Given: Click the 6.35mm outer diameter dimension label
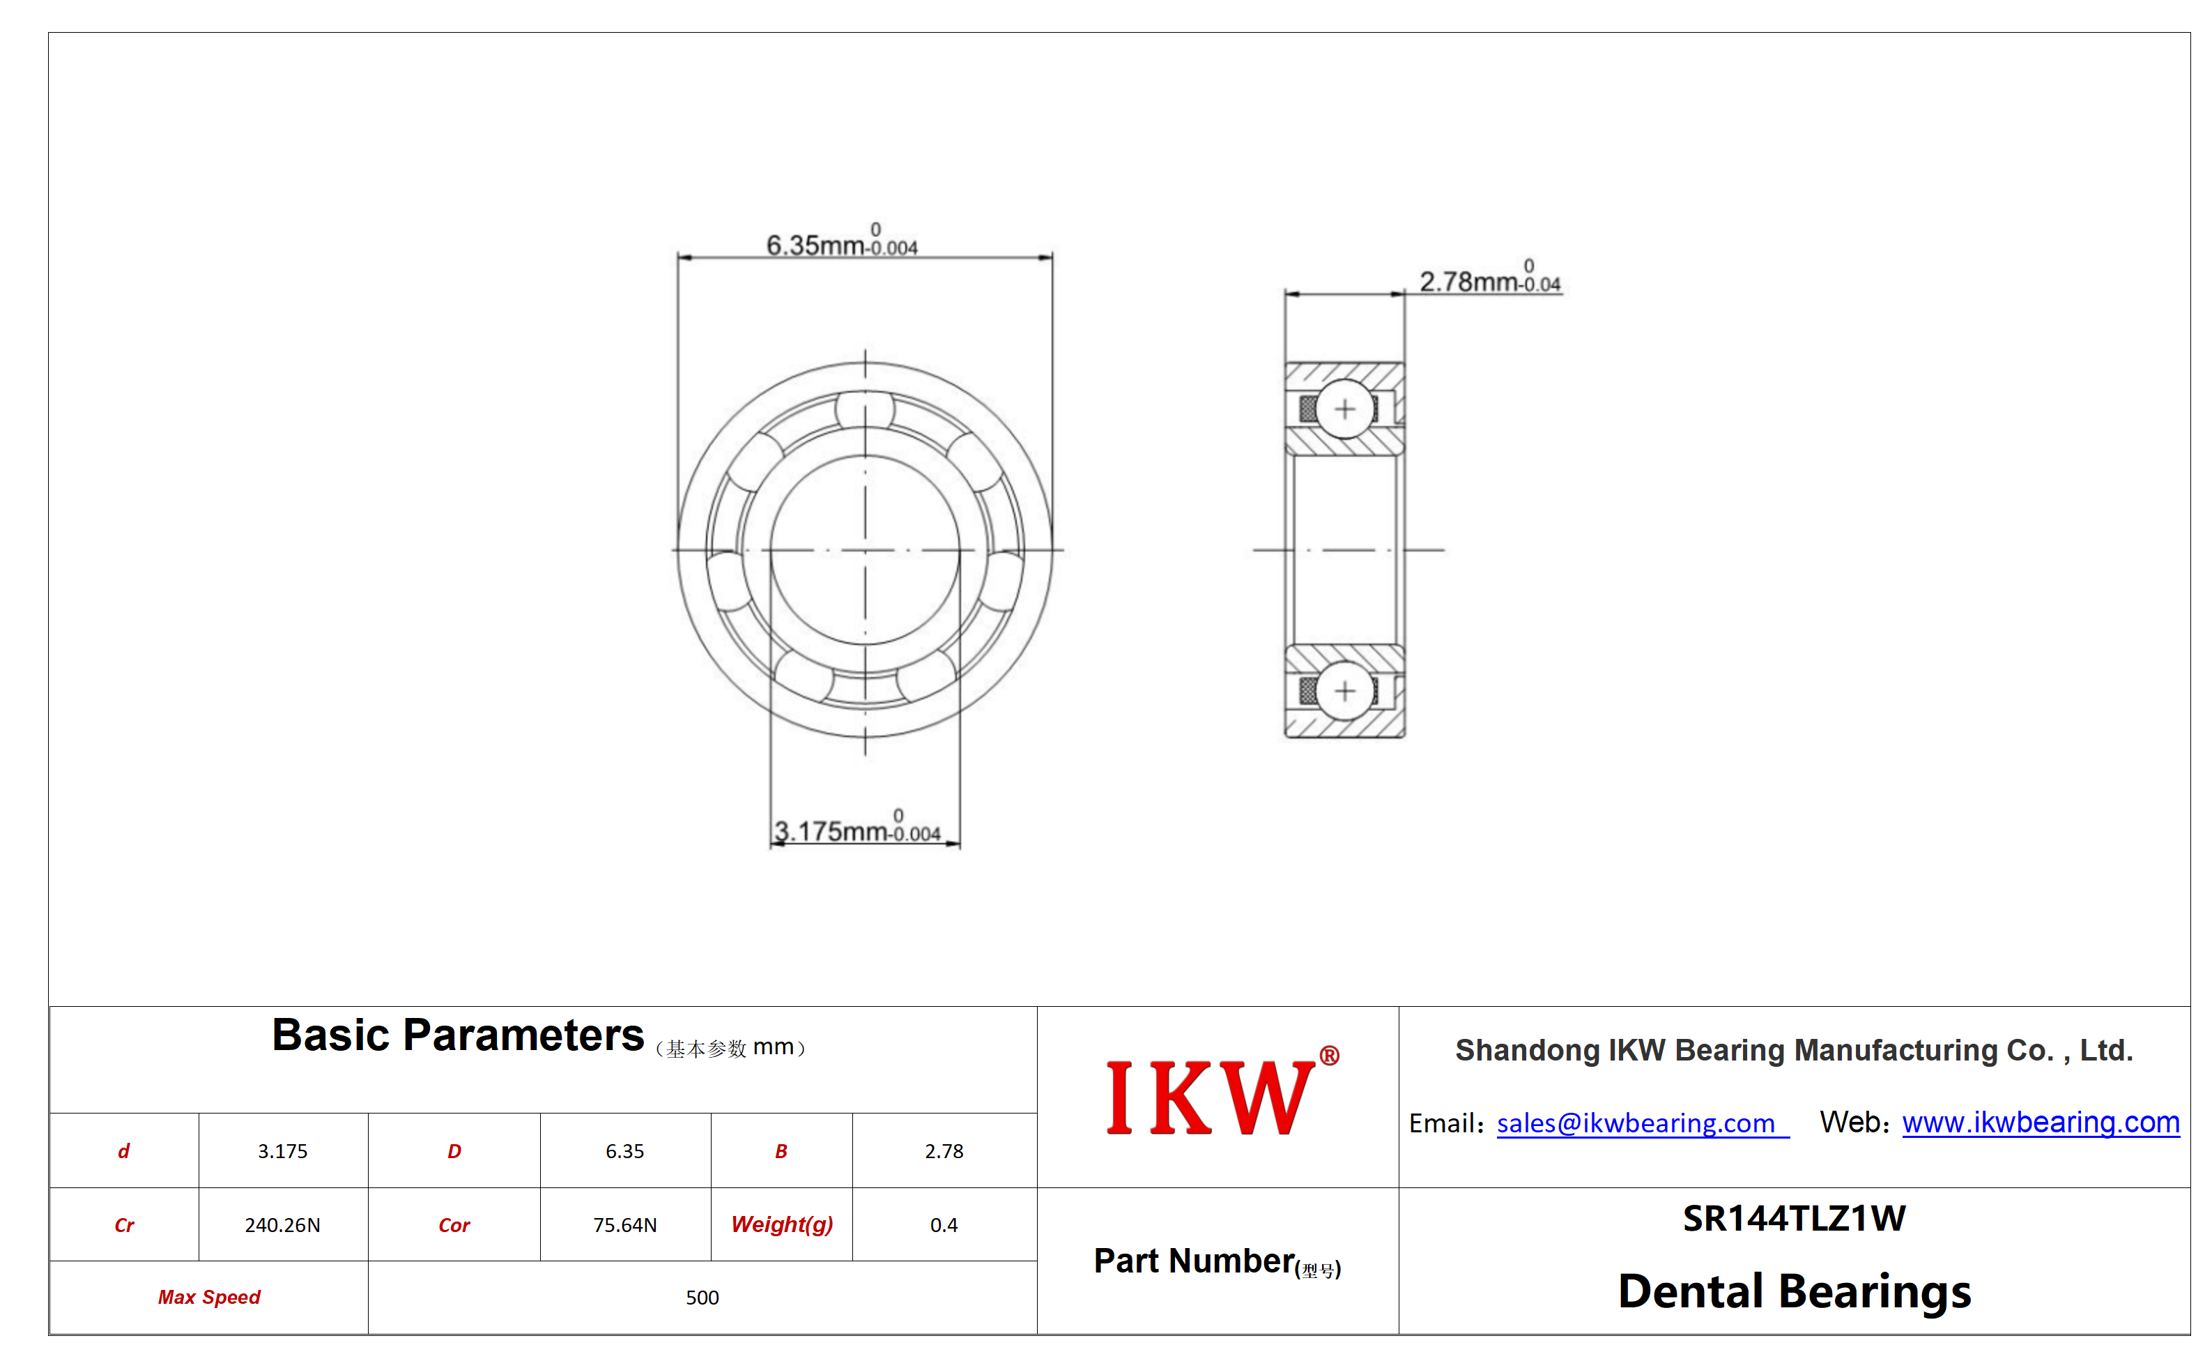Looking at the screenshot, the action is (x=841, y=241).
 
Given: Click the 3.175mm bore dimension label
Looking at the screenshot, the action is (x=857, y=827).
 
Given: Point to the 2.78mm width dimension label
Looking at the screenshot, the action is (x=1490, y=277).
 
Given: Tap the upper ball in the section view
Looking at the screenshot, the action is (x=1345, y=409).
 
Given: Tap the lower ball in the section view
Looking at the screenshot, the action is (x=1345, y=691).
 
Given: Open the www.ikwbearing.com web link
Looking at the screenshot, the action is (x=2040, y=1122).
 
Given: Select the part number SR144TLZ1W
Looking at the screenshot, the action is (x=1793, y=1218).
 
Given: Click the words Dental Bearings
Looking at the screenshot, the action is (x=1794, y=1291).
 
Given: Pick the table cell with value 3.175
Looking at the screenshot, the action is (x=282, y=1151).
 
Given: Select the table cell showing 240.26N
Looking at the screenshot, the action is (x=282, y=1225).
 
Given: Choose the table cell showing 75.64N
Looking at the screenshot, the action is (x=625, y=1225).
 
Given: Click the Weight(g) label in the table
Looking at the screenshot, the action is (x=781, y=1224).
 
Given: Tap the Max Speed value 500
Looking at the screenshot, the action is (x=702, y=1298).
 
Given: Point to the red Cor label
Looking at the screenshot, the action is (x=454, y=1225).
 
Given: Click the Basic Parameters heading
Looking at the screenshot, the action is (x=458, y=1035).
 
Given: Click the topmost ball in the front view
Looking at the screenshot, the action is (x=865, y=410).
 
